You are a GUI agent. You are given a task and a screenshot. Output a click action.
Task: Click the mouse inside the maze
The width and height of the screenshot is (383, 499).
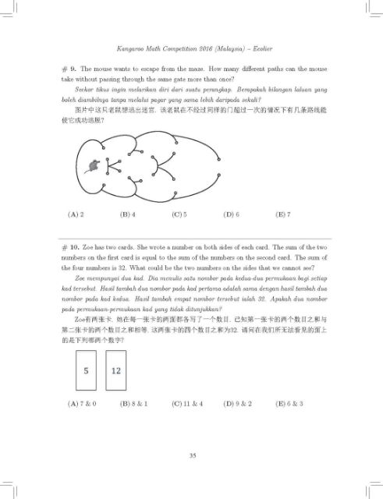tap(93, 165)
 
